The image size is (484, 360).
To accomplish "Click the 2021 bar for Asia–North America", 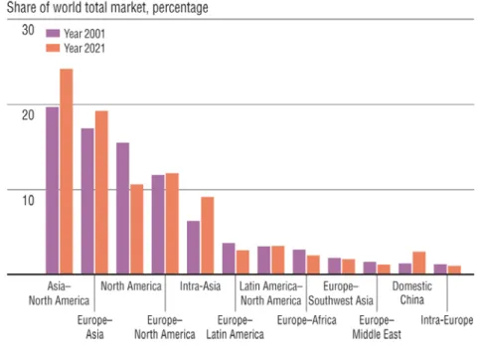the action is (x=67, y=171).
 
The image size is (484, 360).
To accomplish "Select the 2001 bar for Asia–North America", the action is (x=53, y=191).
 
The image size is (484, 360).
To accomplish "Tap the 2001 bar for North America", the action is (x=123, y=209).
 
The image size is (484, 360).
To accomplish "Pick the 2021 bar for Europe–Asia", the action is (x=101, y=193).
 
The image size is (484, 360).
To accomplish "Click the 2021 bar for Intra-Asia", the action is (x=208, y=236).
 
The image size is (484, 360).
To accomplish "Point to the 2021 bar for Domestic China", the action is (x=419, y=263).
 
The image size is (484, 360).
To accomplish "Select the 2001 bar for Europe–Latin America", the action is (x=229, y=259).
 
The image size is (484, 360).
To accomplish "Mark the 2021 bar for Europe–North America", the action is (x=172, y=224).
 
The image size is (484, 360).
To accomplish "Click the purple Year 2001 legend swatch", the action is (x=53, y=34).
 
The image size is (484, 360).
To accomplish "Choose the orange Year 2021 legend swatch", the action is (x=53, y=48).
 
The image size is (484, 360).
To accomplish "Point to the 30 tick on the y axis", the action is (x=28, y=30).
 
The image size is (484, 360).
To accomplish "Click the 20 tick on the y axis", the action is (x=28, y=115).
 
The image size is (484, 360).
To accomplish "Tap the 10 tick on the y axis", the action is (x=28, y=200).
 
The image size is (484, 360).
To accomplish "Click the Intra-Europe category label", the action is (x=447, y=320).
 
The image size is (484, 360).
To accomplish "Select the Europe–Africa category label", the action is (x=307, y=320).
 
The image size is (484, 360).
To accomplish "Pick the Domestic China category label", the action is (x=412, y=293).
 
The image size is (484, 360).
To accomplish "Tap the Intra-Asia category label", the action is (x=200, y=286).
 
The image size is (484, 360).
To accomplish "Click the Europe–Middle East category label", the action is (x=377, y=327).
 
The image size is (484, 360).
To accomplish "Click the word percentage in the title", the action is (x=180, y=8).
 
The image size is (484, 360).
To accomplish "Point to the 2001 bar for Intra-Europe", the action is (x=440, y=270).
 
